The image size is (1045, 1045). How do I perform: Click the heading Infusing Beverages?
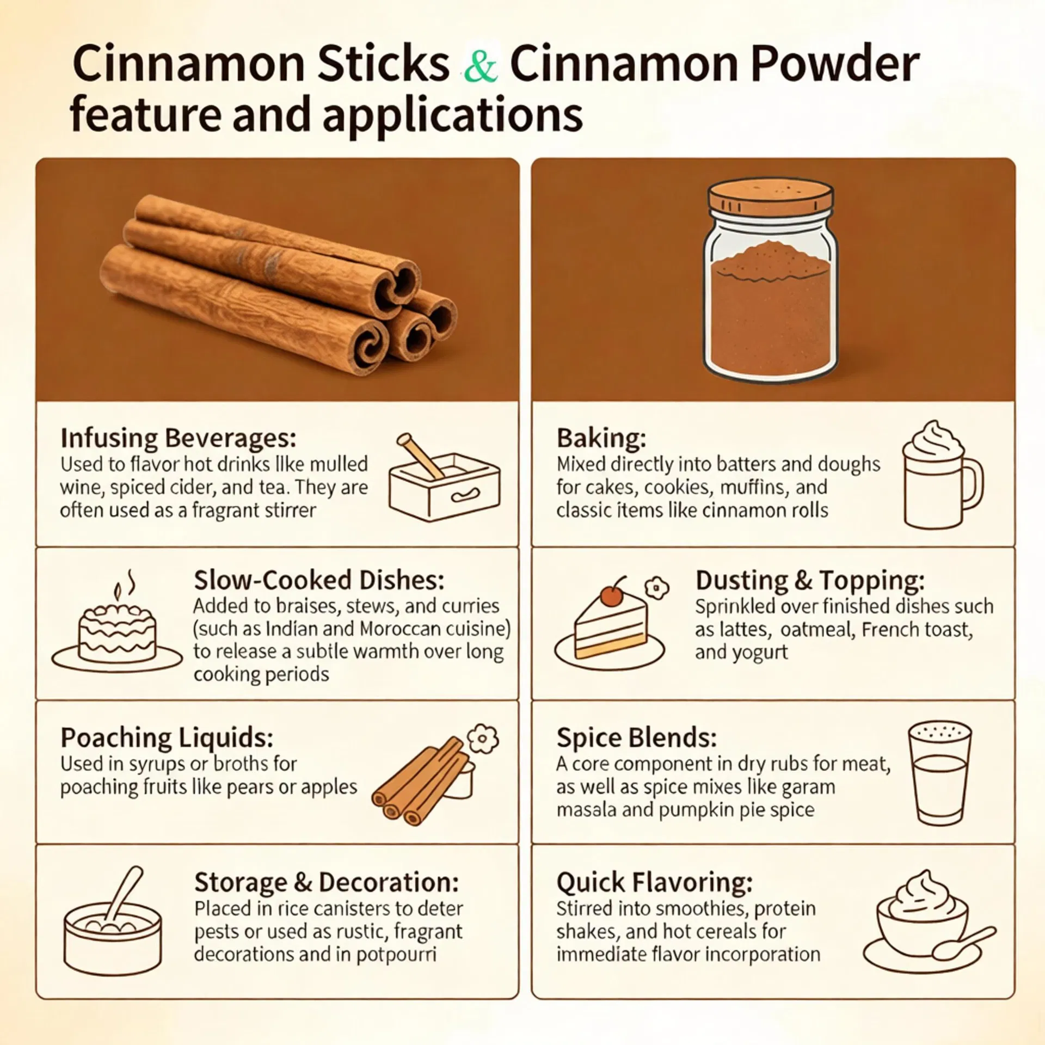tap(178, 438)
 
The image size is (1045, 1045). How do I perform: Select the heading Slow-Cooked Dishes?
tap(319, 580)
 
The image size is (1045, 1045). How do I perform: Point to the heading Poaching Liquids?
tap(167, 738)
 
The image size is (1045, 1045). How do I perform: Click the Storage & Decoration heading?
tap(326, 882)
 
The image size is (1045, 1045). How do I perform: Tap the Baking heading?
tap(601, 438)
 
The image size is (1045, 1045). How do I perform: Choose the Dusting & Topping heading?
tap(809, 580)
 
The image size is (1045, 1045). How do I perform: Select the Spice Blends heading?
tap(636, 738)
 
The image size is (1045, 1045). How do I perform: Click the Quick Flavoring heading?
tap(654, 882)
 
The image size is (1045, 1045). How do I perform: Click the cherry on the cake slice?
tap(612, 596)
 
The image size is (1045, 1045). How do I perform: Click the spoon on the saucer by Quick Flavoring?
tap(964, 943)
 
